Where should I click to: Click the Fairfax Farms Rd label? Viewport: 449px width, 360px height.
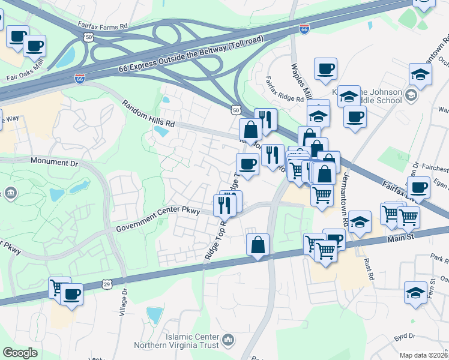pos(103,26)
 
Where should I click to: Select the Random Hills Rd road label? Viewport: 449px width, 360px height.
pos(148,113)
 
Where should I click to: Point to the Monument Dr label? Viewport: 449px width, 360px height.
pos(54,163)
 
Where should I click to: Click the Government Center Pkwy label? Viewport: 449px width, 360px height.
pos(157,220)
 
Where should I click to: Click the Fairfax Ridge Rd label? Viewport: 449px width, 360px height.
pos(285,89)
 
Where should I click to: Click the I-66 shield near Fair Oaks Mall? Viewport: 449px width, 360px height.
pos(80,79)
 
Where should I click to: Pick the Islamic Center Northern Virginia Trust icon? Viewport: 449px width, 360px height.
pos(228,341)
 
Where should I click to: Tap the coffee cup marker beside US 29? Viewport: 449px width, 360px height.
pos(72,294)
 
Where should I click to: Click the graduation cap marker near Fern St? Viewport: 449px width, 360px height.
pos(415,292)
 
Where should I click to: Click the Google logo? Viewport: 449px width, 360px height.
pos(20,353)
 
